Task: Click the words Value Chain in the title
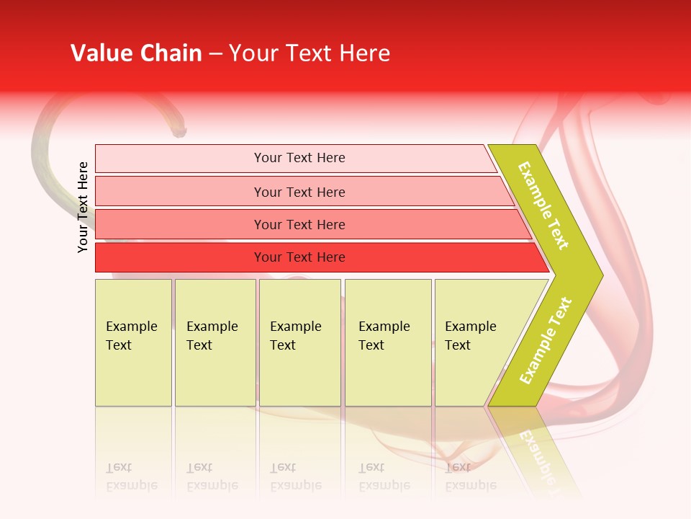point(136,53)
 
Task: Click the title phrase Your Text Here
point(310,53)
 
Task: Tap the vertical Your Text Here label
point(83,207)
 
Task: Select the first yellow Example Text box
point(133,342)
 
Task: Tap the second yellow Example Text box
point(215,342)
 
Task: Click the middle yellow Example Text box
point(299,342)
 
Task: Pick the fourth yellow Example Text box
point(388,342)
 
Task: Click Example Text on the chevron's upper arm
point(543,205)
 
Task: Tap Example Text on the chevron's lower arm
point(546,340)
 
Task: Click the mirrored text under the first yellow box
point(131,476)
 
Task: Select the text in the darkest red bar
point(299,257)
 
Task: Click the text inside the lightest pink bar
point(299,158)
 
